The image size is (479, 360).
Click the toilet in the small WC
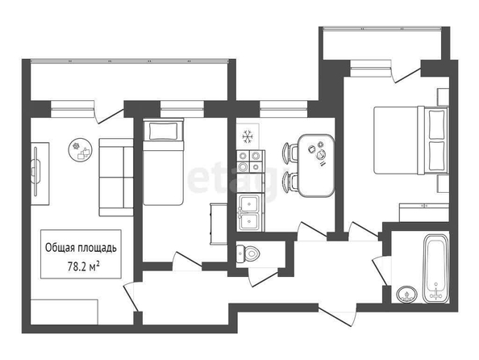248,253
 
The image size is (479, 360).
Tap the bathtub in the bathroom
436,269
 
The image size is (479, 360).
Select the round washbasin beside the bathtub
406,295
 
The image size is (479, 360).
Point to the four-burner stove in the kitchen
249,161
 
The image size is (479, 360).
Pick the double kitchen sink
249,212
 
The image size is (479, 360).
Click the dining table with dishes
316,165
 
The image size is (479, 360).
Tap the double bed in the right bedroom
411,140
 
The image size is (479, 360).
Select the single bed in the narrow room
164,161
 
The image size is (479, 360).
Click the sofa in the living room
116,178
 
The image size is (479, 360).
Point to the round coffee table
80,149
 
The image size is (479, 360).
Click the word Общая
60,248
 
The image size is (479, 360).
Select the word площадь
97,248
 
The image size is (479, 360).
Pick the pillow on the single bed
164,131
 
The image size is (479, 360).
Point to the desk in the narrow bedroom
218,224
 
